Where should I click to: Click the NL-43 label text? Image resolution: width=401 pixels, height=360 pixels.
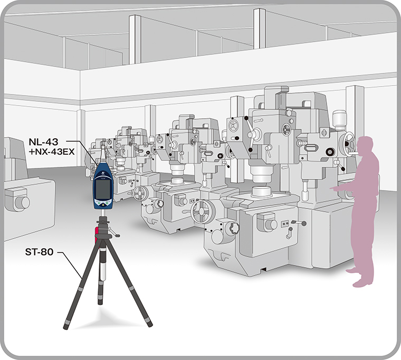[43, 141]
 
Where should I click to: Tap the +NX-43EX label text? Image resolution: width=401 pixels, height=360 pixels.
[52, 152]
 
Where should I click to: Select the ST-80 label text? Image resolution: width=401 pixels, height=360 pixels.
[40, 252]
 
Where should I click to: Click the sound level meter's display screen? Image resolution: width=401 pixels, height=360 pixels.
[102, 188]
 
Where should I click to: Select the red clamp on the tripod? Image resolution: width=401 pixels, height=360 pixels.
[97, 235]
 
